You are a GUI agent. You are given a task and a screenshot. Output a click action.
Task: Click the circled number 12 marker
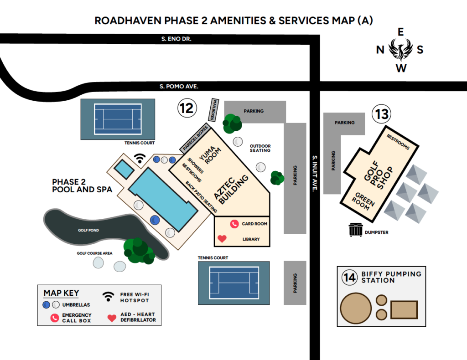point(186,108)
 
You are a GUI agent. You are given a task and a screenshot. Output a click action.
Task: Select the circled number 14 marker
point(350,277)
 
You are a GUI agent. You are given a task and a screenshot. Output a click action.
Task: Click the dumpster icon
point(356,230)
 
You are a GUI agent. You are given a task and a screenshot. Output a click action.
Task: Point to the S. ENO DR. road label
point(176,39)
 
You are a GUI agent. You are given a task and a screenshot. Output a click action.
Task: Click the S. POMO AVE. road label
point(179,86)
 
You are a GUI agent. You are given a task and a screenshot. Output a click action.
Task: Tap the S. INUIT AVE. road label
point(314,173)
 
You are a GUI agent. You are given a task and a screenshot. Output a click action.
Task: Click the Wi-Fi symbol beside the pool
point(140,158)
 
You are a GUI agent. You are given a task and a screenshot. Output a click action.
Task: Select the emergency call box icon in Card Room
point(234,224)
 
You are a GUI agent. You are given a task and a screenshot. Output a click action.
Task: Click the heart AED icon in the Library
point(222,238)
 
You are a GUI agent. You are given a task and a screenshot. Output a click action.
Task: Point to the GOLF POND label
point(88,231)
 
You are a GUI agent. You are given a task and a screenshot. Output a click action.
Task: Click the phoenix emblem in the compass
point(401,49)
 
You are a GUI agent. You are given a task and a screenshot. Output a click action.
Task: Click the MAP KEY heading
point(61,293)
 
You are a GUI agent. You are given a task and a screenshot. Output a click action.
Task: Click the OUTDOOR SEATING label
point(260,148)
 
